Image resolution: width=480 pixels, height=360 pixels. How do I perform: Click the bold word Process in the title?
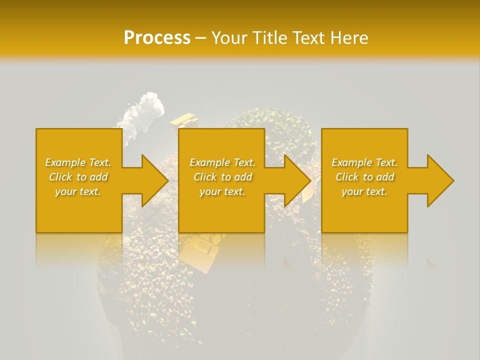[x=157, y=38]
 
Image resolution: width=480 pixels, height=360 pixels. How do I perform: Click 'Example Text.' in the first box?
[x=78, y=162]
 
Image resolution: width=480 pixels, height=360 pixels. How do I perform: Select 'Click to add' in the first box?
[x=78, y=177]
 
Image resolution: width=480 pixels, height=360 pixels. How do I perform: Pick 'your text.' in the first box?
[x=78, y=191]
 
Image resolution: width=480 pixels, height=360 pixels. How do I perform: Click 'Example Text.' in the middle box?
[x=222, y=162]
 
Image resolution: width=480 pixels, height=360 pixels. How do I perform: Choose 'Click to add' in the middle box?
[x=222, y=177]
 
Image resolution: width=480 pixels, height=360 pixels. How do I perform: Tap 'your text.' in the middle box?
[x=222, y=191]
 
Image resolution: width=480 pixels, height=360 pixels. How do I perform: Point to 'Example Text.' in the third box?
[x=364, y=162]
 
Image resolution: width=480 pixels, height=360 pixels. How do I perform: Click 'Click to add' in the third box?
[x=364, y=177]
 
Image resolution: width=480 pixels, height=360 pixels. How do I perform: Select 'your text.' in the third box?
[x=364, y=191]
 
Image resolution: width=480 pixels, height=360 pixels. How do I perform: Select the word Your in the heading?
[x=229, y=38]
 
